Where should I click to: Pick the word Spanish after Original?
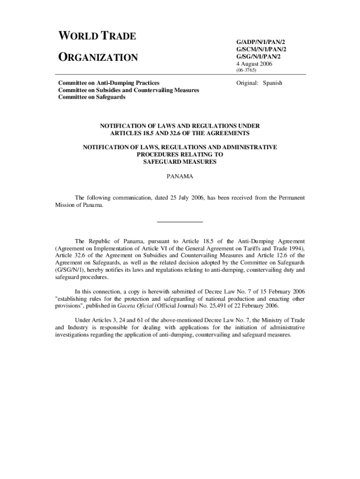tap(273, 83)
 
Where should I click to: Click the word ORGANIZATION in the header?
tap(98, 58)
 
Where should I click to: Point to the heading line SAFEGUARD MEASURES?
tap(180, 161)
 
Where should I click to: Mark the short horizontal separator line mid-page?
tap(180, 221)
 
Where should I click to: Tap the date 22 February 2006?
tap(255, 306)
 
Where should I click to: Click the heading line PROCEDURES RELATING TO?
tap(180, 154)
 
